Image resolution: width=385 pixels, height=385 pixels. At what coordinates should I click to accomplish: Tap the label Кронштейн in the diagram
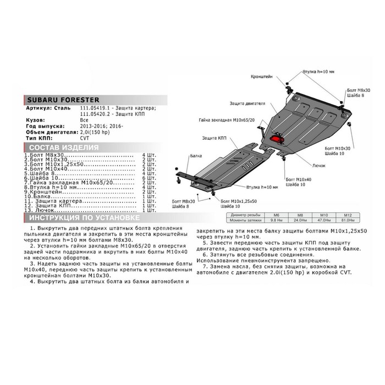coord(262,77)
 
